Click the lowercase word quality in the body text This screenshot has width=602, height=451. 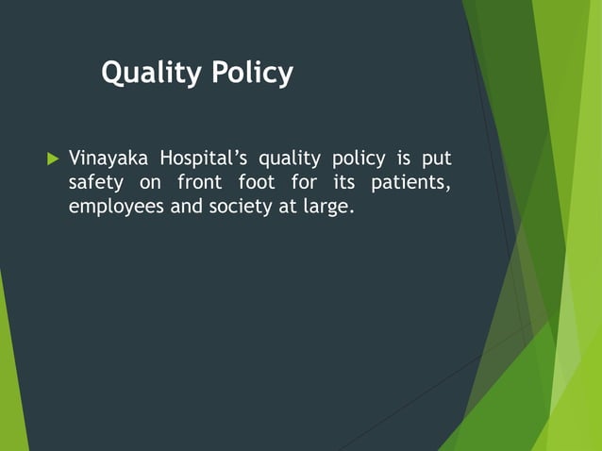click(x=290, y=158)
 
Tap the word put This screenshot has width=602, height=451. click(x=437, y=158)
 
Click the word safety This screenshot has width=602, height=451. click(x=96, y=182)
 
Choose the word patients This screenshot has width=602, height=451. click(x=412, y=182)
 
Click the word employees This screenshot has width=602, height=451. click(x=117, y=207)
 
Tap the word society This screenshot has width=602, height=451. click(x=239, y=207)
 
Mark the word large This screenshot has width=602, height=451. click(x=327, y=207)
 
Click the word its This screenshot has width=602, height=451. click(x=345, y=181)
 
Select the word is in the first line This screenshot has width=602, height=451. click(x=402, y=157)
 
